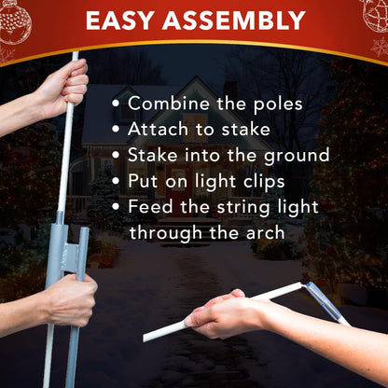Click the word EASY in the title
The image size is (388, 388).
click(x=120, y=21)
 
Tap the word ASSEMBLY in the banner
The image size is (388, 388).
click(x=234, y=21)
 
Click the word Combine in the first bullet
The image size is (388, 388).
click(x=169, y=104)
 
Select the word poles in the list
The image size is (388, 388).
click(x=278, y=104)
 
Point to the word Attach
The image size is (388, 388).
click(x=158, y=129)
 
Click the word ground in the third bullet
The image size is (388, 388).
click(x=297, y=156)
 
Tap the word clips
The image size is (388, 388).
click(x=264, y=182)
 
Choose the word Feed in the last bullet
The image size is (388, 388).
click(x=150, y=206)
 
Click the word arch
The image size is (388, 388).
click(x=265, y=232)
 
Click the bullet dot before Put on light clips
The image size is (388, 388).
click(x=116, y=181)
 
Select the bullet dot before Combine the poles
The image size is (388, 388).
click(x=116, y=104)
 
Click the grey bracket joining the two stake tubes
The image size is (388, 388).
click(x=71, y=257)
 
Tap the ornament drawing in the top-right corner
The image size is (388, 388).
click(x=375, y=15)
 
